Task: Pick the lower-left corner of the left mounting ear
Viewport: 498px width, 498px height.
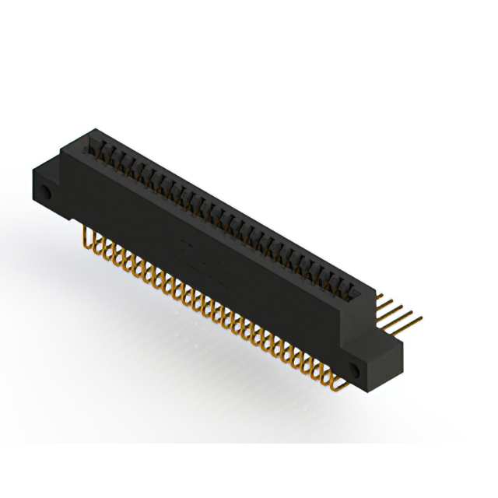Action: [x=35, y=198]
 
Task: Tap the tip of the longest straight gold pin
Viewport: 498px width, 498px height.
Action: [x=423, y=316]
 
